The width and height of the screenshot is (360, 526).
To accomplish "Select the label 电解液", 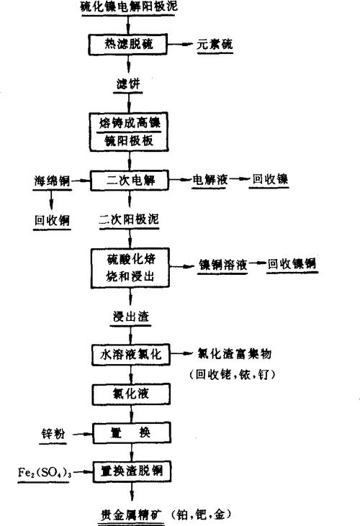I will coord(210,179).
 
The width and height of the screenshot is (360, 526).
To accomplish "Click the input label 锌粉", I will coord(55,433).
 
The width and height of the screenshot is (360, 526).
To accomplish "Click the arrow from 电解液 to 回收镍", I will coord(240,179).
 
